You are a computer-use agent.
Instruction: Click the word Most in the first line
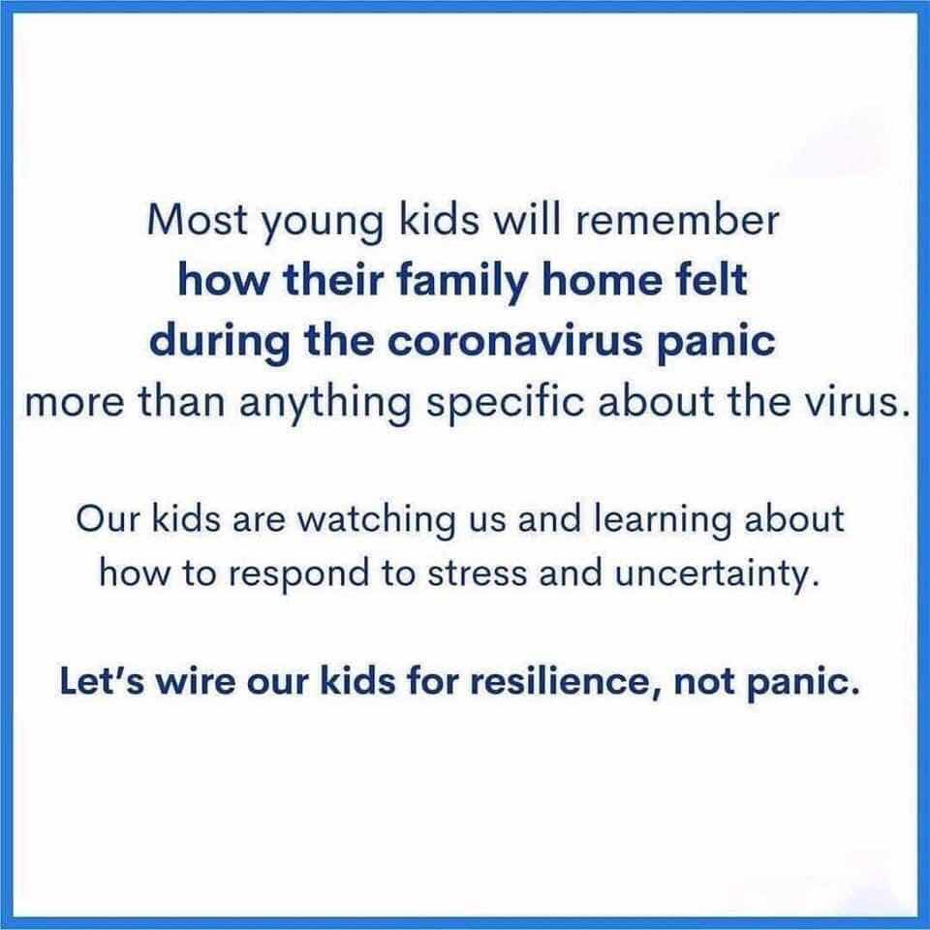(198, 220)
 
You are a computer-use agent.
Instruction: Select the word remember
(676, 220)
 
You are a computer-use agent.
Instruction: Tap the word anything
(325, 406)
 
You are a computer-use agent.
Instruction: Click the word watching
(377, 521)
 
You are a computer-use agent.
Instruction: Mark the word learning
(662, 521)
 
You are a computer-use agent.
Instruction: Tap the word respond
(298, 576)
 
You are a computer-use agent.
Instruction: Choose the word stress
(477, 574)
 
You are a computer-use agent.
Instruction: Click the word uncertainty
(718, 576)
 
